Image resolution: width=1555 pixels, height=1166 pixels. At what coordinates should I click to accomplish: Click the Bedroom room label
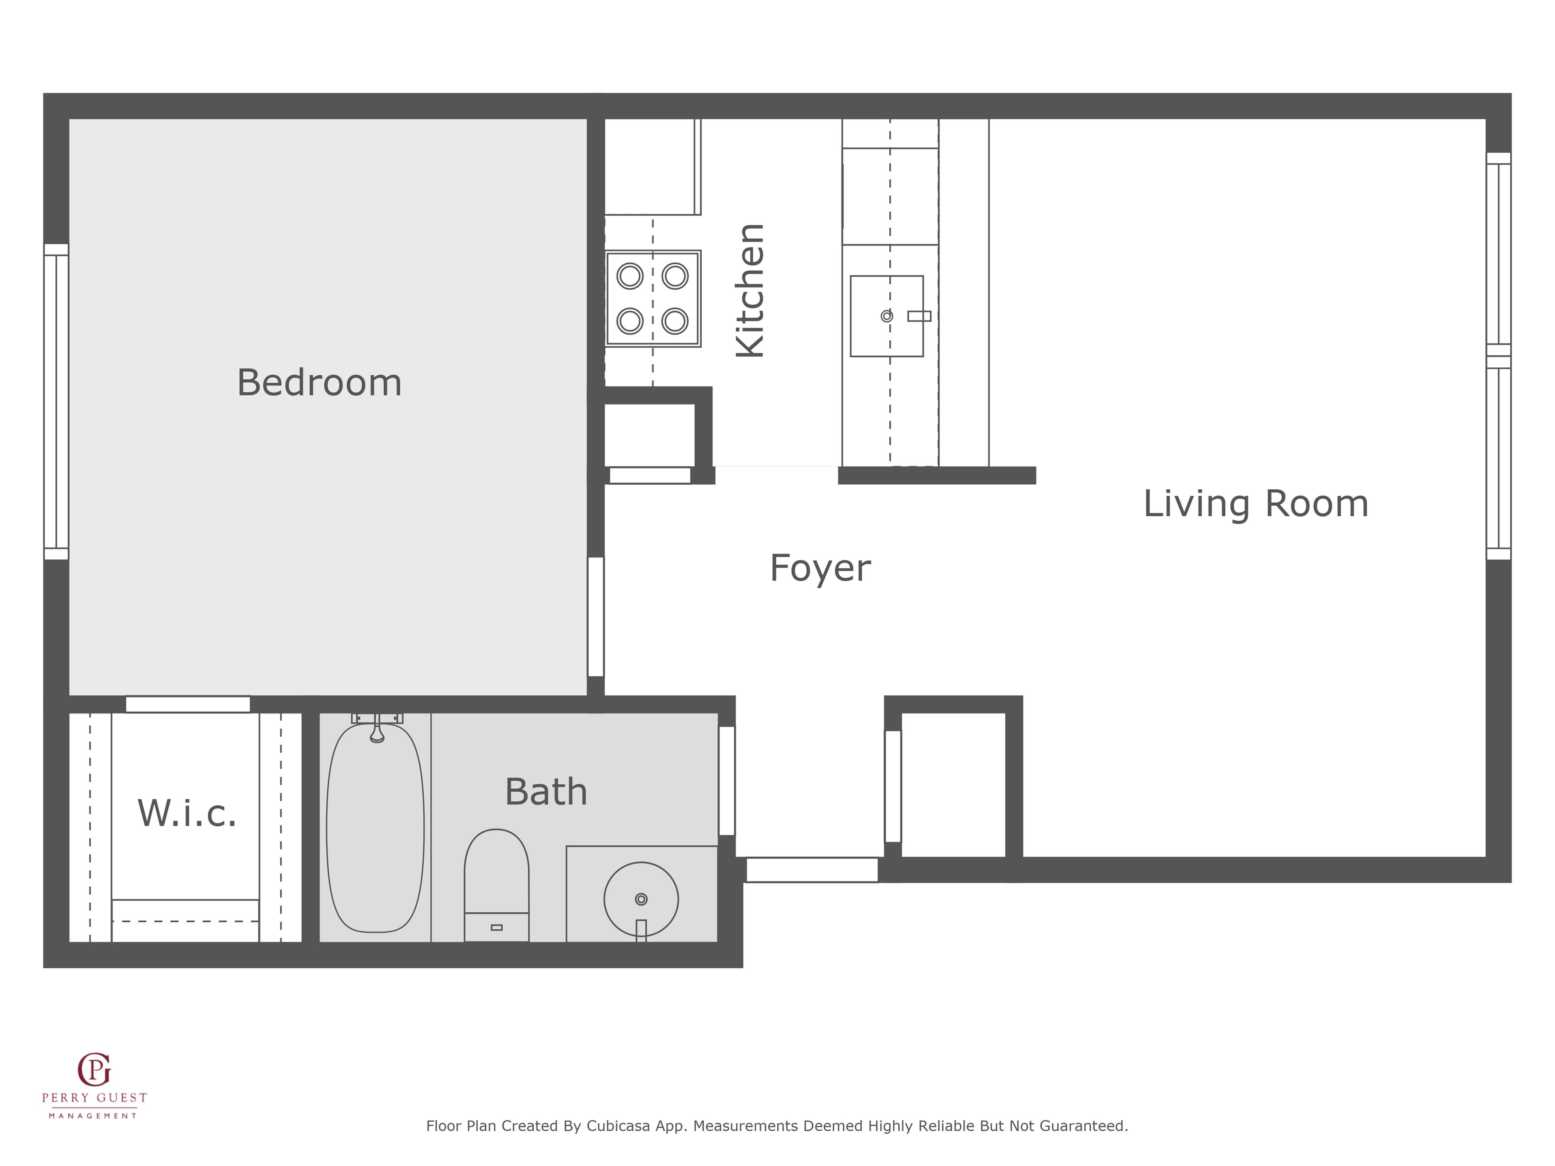click(319, 383)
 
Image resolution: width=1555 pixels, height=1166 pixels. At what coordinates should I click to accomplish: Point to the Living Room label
click(1256, 504)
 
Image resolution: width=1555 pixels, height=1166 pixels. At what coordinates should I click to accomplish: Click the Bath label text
click(546, 792)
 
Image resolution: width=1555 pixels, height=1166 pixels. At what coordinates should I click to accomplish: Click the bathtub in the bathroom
click(376, 827)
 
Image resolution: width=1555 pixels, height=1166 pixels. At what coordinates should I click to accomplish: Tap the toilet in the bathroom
click(496, 885)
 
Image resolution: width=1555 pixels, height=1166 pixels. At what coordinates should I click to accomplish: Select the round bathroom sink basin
click(641, 899)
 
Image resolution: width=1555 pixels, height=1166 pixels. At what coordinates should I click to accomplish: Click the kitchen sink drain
click(887, 316)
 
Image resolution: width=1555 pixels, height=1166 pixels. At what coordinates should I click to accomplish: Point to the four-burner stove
click(653, 298)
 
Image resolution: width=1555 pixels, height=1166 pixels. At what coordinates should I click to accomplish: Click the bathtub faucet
click(377, 728)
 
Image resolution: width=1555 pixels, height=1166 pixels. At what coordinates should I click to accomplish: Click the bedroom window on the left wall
click(56, 402)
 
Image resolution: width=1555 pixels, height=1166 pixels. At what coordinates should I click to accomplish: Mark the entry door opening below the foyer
click(812, 870)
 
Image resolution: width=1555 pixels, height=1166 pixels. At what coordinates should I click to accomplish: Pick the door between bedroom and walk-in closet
click(188, 704)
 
